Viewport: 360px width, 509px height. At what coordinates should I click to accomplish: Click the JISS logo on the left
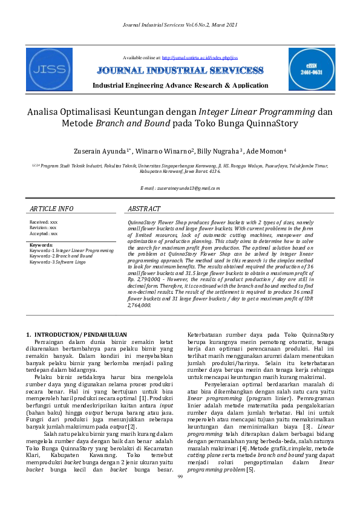click(x=49, y=69)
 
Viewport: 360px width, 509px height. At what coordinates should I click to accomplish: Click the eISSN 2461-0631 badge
click(x=311, y=69)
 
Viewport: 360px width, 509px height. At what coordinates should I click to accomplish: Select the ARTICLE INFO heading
click(x=51, y=209)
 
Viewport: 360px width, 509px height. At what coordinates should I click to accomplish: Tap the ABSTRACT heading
click(x=144, y=209)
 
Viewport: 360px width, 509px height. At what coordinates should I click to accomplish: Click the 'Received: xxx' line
click(x=44, y=222)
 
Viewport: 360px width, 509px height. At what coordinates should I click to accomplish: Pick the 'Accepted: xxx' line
click(x=44, y=233)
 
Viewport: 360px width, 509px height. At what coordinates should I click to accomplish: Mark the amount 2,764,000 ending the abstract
click(x=139, y=306)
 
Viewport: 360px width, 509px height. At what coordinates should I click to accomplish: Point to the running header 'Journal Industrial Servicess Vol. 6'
click(x=180, y=24)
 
